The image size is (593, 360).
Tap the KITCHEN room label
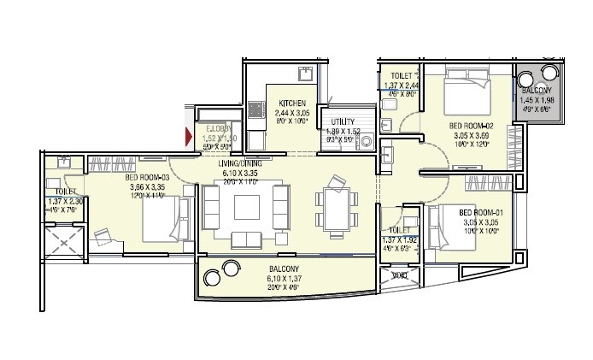click(x=291, y=103)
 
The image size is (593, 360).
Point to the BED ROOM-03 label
click(x=147, y=178)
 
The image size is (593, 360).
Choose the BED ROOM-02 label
click(x=470, y=126)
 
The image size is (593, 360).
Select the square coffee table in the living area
click(x=247, y=206)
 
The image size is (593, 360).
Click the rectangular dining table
click(x=334, y=207)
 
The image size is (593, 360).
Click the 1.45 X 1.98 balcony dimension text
click(x=537, y=101)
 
